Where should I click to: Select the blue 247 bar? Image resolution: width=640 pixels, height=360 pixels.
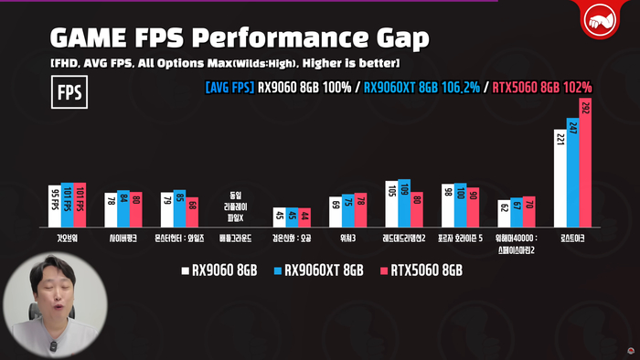pos(572,173)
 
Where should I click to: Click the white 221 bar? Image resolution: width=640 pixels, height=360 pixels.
pos(560,178)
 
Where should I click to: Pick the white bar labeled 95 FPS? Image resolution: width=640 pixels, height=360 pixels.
pos(54,206)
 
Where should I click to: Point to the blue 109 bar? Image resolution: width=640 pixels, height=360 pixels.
pos(404,203)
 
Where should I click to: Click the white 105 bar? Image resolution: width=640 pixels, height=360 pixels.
pos(391,204)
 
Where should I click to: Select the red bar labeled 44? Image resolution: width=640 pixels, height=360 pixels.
pos(304,217)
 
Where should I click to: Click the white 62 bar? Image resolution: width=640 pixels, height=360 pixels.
pos(503,213)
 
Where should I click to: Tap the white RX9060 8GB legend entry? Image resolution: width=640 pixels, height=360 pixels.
pos(222,270)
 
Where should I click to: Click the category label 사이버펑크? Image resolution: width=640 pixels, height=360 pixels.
pos(123,236)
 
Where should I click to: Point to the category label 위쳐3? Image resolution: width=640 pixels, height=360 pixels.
pos(347,236)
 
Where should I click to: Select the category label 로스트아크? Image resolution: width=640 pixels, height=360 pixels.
pos(572,236)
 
